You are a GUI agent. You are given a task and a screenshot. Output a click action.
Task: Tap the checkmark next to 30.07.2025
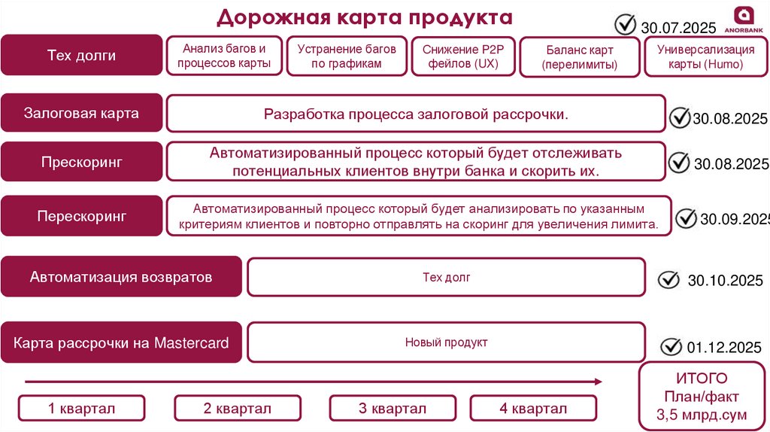626,24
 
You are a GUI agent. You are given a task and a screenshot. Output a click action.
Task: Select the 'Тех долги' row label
81,55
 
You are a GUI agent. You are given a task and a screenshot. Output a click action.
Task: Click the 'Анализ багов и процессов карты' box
224,56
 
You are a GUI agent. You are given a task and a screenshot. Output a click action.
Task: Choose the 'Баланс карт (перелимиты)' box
579,57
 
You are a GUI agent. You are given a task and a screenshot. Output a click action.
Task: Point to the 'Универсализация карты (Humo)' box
705,56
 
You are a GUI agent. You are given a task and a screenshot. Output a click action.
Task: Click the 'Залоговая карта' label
81,114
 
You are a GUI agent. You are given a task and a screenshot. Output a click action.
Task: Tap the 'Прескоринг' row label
81,162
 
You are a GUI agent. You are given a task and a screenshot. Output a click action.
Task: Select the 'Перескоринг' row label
81,216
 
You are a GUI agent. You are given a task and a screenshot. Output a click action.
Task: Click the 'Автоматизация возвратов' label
121,277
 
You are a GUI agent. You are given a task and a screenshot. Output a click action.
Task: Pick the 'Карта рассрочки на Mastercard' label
121,343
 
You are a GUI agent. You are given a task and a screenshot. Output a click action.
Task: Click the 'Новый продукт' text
446,342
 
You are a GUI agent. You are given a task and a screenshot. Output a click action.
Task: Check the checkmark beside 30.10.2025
668,279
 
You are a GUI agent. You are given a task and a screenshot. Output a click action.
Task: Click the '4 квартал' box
532,409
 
